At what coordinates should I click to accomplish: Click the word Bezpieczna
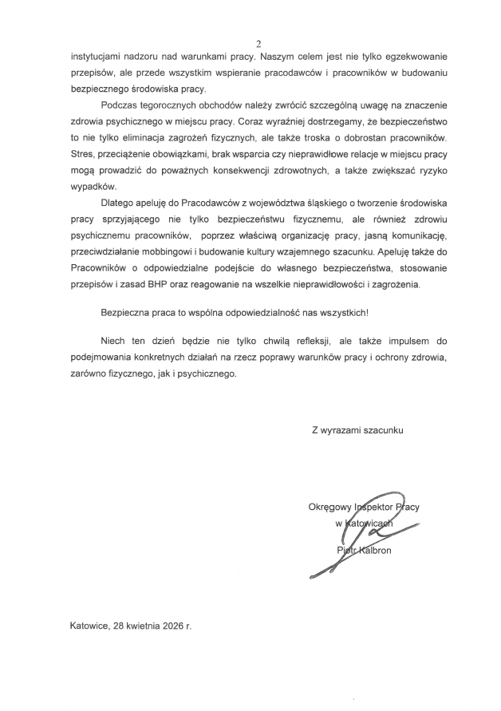[127, 313]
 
